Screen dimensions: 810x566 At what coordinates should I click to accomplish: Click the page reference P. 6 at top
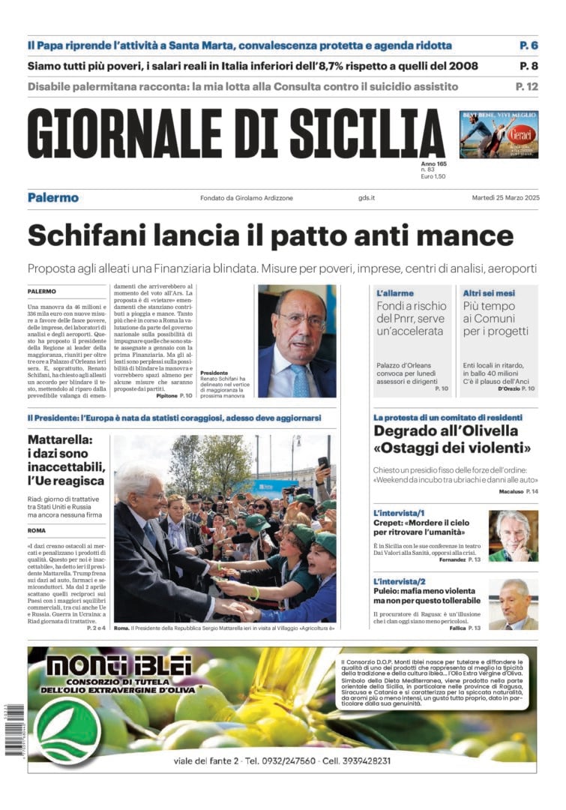[528, 46]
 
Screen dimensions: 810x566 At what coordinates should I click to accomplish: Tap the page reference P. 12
[525, 86]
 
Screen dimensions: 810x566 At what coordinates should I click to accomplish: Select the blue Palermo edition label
[52, 198]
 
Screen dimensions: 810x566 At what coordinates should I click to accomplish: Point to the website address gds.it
[367, 198]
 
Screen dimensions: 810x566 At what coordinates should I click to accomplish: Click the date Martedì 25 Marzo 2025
[505, 198]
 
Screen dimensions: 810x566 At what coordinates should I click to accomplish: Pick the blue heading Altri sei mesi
[489, 293]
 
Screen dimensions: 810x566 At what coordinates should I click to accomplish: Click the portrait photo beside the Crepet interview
[513, 535]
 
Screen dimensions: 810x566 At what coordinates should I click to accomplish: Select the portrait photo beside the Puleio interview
[513, 604]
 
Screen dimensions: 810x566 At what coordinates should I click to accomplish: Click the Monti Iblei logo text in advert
[118, 665]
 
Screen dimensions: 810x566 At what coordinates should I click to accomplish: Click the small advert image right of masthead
[499, 134]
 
